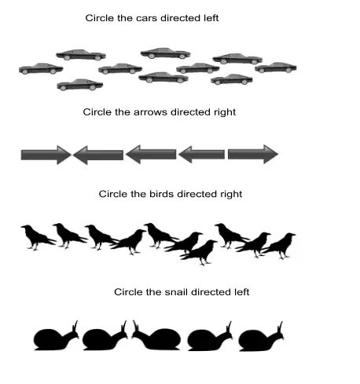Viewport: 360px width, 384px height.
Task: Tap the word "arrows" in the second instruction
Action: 150,112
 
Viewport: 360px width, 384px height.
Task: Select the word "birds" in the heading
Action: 161,194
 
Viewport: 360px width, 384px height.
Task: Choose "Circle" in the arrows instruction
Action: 97,112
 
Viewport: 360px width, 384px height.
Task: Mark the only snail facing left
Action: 156,335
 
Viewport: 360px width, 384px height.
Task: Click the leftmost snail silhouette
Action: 56,336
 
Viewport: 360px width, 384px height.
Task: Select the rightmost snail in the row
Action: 261,337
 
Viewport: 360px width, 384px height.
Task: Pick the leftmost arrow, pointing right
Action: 46,155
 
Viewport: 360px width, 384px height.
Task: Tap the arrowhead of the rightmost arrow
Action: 270,154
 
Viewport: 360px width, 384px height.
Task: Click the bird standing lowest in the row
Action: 199,252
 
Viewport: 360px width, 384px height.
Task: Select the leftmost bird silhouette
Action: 37,237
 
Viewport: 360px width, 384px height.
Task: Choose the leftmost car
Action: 41,68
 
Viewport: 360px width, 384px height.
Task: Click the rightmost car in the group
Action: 276,68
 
